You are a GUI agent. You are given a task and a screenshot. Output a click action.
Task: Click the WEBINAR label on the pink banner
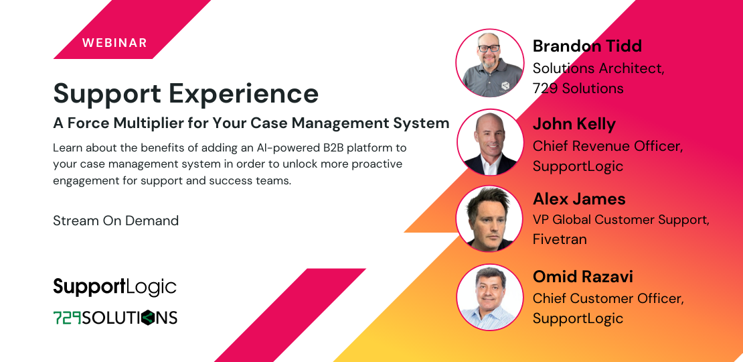tap(114, 43)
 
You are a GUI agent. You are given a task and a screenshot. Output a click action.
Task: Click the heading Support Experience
tap(185, 93)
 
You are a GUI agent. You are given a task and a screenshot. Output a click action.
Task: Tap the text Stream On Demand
tap(116, 221)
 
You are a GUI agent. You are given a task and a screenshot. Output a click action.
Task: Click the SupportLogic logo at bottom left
tap(114, 287)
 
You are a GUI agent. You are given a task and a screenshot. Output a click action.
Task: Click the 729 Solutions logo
tap(114, 317)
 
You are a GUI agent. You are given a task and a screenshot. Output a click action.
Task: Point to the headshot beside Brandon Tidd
tap(489, 63)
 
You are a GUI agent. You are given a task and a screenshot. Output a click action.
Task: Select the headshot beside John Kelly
tap(489, 142)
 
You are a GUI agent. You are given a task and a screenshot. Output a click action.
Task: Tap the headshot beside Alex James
tap(489, 219)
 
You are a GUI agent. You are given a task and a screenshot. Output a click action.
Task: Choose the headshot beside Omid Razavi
tap(489, 297)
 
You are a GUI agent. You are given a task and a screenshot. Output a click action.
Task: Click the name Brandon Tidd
tap(587, 46)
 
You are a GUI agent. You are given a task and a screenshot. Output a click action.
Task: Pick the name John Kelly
tap(574, 124)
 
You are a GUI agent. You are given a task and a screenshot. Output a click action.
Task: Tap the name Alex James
tap(579, 199)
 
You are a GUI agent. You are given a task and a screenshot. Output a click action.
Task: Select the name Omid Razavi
tap(582, 276)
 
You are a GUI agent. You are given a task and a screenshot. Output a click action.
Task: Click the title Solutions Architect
tap(598, 68)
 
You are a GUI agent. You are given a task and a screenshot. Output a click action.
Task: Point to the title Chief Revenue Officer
tap(608, 146)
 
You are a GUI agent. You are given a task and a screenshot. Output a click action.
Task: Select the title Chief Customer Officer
tap(608, 298)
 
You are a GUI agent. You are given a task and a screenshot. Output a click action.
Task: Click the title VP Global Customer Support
tap(621, 220)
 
